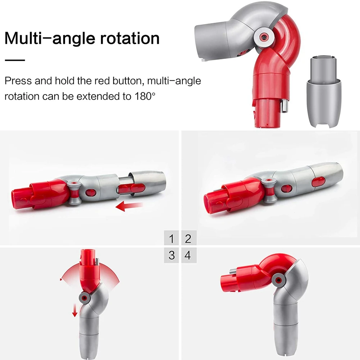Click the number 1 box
(x=172, y=238)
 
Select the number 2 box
(x=188, y=238)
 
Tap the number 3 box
(x=172, y=255)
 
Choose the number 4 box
(x=188, y=255)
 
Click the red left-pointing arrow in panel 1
(x=129, y=206)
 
